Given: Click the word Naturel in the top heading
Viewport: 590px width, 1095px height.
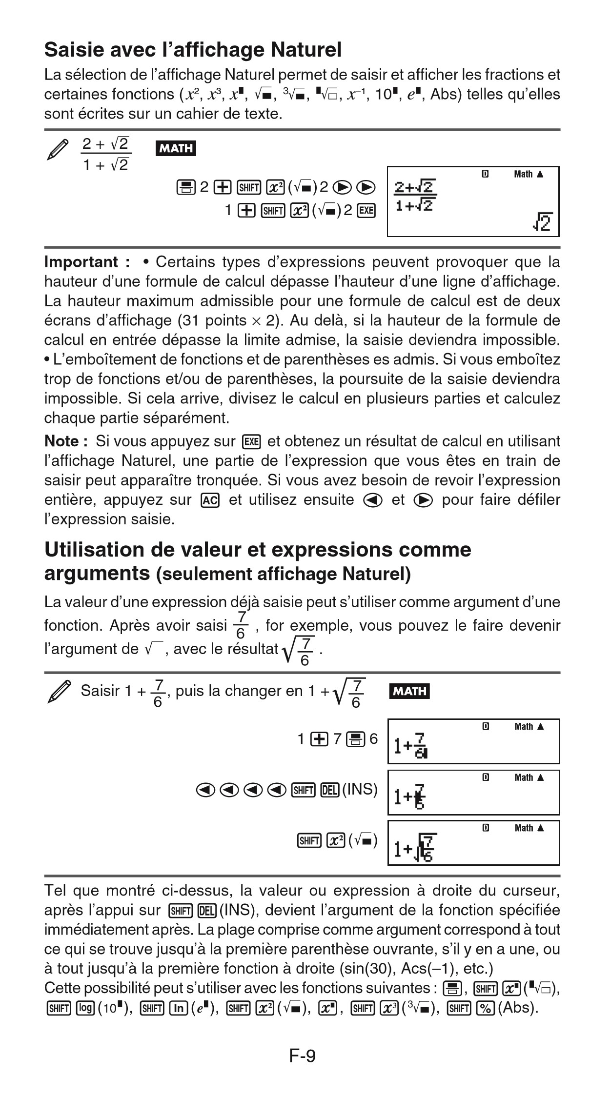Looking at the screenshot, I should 306,50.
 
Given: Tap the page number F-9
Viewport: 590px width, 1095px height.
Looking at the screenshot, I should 303,1056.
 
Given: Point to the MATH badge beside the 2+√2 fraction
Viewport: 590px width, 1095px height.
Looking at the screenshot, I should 175,148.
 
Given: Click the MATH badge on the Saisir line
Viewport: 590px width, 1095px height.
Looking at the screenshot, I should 409,691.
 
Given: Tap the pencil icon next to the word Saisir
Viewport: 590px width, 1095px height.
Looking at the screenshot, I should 59,692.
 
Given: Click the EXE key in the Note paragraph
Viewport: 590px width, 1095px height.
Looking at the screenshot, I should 252,442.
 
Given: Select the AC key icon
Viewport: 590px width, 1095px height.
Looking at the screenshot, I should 210,500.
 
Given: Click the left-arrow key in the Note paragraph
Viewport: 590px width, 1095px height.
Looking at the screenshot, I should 372,500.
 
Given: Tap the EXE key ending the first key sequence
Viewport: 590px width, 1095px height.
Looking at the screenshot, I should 366,210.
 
